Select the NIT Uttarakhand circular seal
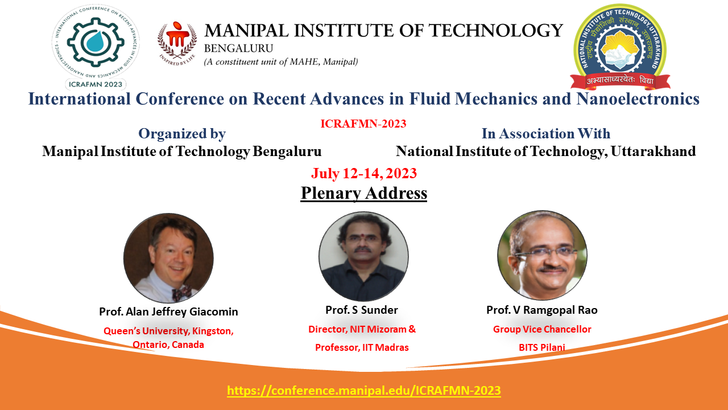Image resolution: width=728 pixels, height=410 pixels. (620, 47)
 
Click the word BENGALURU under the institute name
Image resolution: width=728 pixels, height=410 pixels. (238, 48)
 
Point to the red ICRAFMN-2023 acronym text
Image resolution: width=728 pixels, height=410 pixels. (363, 124)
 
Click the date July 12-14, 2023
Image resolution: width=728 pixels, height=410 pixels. (364, 173)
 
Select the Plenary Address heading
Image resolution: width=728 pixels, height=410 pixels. (363, 193)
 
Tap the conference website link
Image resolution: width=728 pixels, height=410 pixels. (364, 390)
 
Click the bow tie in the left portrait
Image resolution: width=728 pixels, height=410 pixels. (181, 293)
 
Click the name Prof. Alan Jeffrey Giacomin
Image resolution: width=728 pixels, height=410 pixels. (168, 311)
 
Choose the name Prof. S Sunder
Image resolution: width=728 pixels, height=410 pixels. (362, 310)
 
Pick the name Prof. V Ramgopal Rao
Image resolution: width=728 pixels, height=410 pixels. (542, 310)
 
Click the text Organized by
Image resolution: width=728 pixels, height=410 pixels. (182, 134)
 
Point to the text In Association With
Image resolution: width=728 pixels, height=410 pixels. (546, 133)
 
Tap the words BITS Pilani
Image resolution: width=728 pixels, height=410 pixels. (542, 347)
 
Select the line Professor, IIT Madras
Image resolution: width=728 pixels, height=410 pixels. (362, 347)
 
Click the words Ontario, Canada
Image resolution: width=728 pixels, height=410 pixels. (168, 345)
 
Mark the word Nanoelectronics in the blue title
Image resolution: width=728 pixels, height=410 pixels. (638, 99)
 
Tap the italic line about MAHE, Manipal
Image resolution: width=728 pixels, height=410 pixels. (281, 62)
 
